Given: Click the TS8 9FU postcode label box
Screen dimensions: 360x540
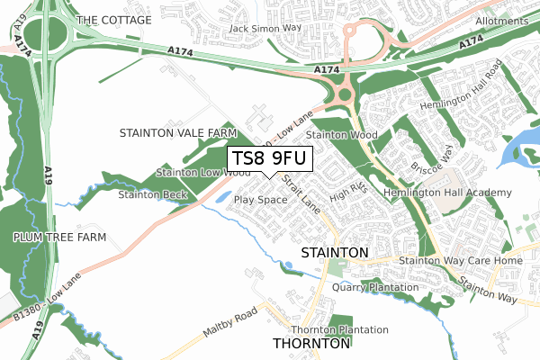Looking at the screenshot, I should tap(269, 159).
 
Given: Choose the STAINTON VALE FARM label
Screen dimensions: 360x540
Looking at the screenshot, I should tap(177, 133).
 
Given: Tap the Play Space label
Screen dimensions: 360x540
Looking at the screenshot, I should tap(260, 200).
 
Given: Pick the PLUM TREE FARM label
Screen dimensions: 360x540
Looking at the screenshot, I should tap(59, 237).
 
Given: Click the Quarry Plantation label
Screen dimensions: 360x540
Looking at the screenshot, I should tap(375, 288).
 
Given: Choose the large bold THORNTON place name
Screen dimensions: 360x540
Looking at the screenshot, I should tap(310, 344).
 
